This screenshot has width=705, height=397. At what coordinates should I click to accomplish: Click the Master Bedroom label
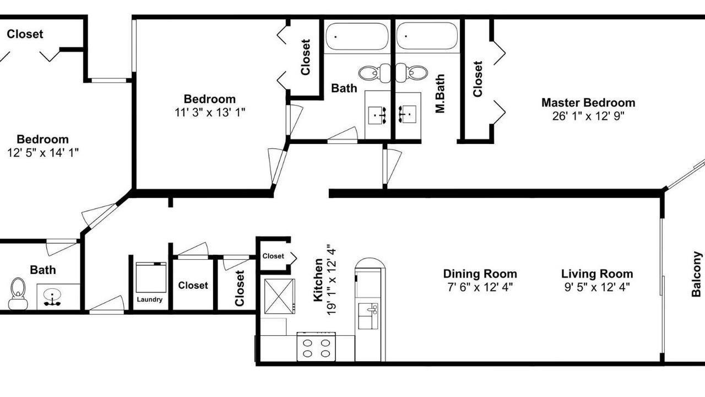(x=588, y=103)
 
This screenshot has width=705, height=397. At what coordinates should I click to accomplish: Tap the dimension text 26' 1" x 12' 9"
(x=588, y=116)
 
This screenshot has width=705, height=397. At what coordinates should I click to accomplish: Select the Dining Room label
(x=480, y=274)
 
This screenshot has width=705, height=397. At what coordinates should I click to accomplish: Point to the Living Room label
(x=597, y=274)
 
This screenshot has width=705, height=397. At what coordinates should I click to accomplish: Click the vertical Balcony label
(x=697, y=274)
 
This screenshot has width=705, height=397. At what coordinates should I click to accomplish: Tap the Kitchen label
(x=318, y=280)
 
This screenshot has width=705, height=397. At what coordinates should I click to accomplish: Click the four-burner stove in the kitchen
(x=316, y=347)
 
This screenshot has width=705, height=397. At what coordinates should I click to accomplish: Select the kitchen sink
(x=368, y=316)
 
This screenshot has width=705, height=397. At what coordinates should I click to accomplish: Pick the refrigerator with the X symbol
(x=279, y=296)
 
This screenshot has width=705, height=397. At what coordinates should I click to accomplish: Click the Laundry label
(x=149, y=299)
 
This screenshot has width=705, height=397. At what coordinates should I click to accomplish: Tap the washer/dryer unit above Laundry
(x=151, y=277)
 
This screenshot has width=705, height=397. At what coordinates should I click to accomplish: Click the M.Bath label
(x=440, y=94)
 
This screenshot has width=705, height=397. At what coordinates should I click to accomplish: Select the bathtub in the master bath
(x=427, y=36)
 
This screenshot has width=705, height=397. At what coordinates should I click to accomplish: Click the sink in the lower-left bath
(x=52, y=297)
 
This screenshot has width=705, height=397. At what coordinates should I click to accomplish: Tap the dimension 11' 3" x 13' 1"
(x=210, y=112)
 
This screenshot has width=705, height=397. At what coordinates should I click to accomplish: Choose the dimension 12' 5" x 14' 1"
(x=43, y=153)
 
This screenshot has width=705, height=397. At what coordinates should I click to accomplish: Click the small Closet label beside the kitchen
(x=273, y=256)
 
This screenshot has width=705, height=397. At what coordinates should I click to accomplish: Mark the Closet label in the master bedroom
(x=478, y=79)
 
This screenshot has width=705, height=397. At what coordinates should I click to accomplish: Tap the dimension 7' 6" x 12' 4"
(x=480, y=287)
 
